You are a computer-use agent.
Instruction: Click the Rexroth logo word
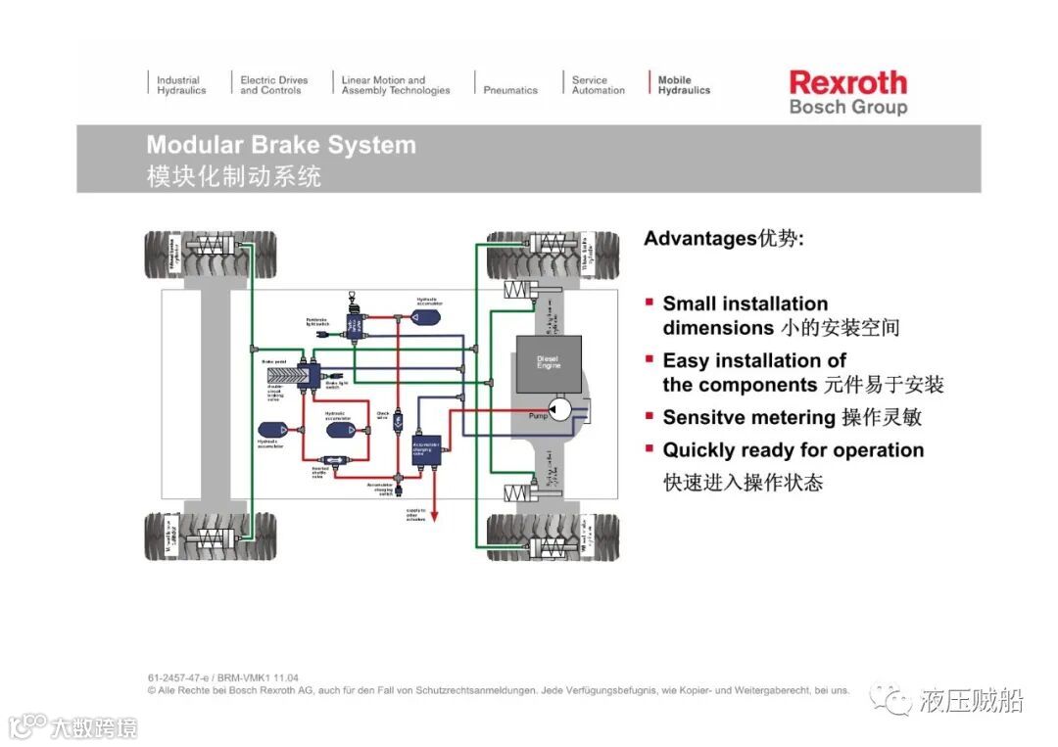click(x=847, y=82)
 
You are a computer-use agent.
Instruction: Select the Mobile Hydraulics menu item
click(x=684, y=85)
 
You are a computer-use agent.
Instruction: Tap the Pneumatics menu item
click(x=510, y=90)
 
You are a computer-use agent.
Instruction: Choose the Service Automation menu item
click(x=598, y=85)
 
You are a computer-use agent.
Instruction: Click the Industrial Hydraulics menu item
click(x=181, y=85)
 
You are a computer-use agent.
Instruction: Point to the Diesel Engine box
click(x=549, y=363)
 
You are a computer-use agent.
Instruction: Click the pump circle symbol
click(x=560, y=410)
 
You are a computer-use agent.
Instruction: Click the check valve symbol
click(x=400, y=418)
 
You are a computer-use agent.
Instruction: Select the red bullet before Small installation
click(x=649, y=303)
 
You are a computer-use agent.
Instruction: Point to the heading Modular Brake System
click(x=281, y=145)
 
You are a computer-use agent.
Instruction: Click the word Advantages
click(x=699, y=238)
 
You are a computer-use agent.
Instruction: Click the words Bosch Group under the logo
click(x=847, y=107)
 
